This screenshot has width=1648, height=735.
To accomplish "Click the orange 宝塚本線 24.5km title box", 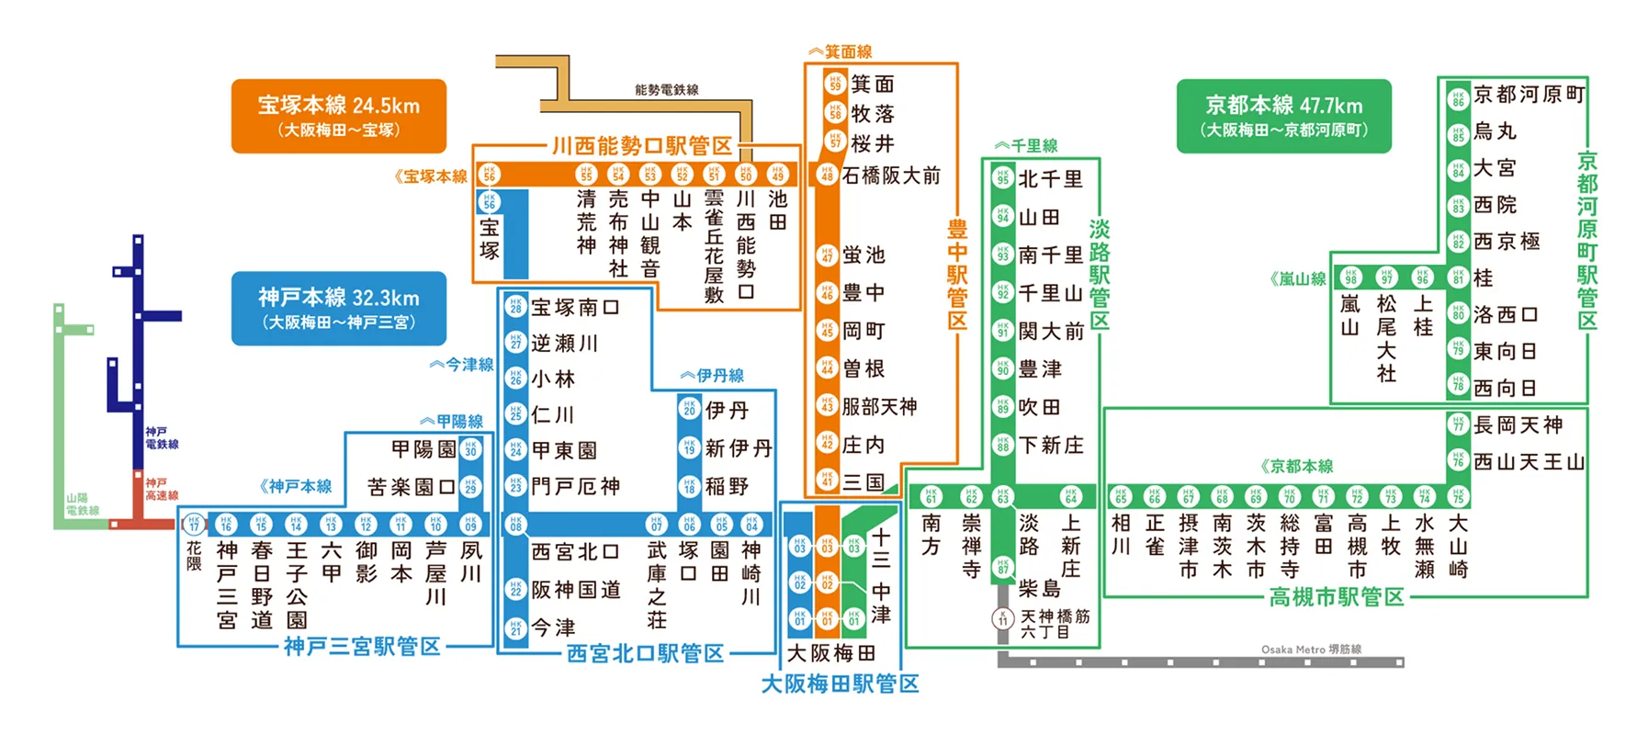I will click(x=338, y=116).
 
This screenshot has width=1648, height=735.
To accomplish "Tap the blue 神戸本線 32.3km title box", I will click(x=338, y=308).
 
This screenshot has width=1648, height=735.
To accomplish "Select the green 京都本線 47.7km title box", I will click(x=1283, y=116).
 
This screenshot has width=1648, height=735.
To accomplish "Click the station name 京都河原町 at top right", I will click(x=1529, y=95).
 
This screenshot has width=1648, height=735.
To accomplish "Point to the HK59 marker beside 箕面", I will click(x=834, y=84).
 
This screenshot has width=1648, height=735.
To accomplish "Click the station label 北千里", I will click(x=1050, y=179).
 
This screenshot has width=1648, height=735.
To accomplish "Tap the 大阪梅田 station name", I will click(x=830, y=653).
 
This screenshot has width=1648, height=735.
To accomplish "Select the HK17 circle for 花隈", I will click(x=193, y=524).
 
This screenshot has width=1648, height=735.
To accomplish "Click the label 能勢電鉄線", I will click(x=666, y=89).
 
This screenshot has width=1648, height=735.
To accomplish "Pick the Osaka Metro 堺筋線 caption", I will click(x=1310, y=649).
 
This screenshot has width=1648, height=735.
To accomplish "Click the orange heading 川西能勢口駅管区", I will click(x=641, y=146).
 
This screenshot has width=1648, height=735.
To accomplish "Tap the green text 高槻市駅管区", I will click(x=1337, y=597).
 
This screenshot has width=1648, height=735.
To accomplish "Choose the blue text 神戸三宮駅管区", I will click(x=362, y=647).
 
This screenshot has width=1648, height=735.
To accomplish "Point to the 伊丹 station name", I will click(x=727, y=410).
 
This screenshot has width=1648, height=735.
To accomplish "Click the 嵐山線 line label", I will click(x=1298, y=278).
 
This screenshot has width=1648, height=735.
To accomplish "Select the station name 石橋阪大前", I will click(x=890, y=175).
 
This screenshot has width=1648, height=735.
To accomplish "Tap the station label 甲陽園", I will click(x=423, y=449).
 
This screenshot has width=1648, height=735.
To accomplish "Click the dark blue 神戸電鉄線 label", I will click(x=162, y=437).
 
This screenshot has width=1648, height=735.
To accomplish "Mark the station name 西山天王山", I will click(x=1529, y=462).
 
